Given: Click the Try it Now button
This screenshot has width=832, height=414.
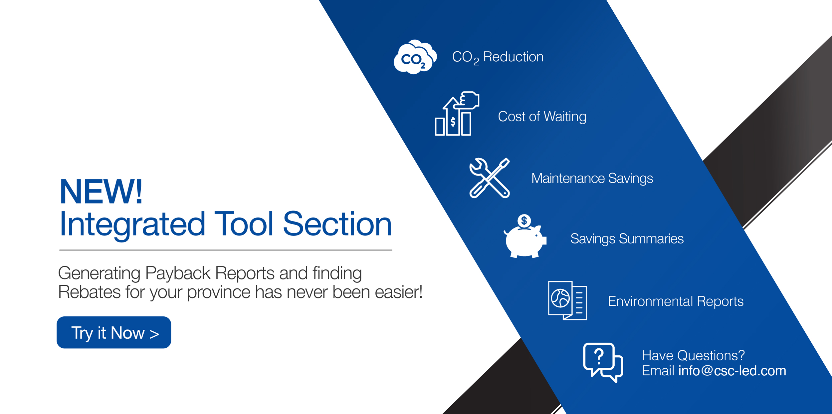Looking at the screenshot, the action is pos(114,332).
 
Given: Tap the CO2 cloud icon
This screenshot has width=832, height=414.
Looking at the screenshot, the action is pos(415,57).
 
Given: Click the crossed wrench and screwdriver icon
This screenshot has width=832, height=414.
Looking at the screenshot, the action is pos(490,178).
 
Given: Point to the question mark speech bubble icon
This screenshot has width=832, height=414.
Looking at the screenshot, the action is pos(603,362).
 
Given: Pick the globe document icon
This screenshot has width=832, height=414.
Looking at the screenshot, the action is pos(567,300).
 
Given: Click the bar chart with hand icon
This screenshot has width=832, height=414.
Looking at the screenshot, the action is pos(457,114).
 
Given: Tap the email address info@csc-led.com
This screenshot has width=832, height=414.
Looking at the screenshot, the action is pos(732,371).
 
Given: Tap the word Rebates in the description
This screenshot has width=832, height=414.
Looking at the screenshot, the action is pos(90,292).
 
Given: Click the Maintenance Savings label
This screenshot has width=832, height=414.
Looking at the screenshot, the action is pos(592,179).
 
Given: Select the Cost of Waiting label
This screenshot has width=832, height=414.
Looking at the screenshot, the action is pos(542,117).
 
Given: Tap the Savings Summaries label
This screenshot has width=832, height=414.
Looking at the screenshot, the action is pos(627,239).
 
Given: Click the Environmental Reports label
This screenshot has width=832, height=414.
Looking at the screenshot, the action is pos(676,301).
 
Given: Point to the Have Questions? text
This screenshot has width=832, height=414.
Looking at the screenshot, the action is pos(693,355).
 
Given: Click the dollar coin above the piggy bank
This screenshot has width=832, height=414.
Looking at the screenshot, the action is pos(524,220).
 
